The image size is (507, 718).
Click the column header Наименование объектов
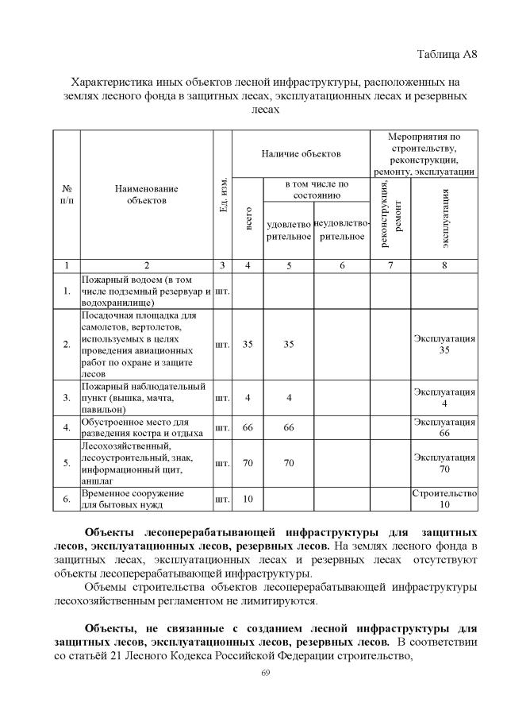point(147,195)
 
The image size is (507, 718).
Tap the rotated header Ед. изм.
point(223,195)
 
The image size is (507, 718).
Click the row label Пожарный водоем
point(147,291)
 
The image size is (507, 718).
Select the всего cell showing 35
point(248,345)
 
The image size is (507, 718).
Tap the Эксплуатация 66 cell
point(444,427)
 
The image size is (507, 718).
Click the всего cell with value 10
point(248,499)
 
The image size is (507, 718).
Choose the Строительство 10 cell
point(444,499)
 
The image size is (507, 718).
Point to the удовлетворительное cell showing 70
point(288,463)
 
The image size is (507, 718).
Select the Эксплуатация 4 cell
point(444,397)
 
